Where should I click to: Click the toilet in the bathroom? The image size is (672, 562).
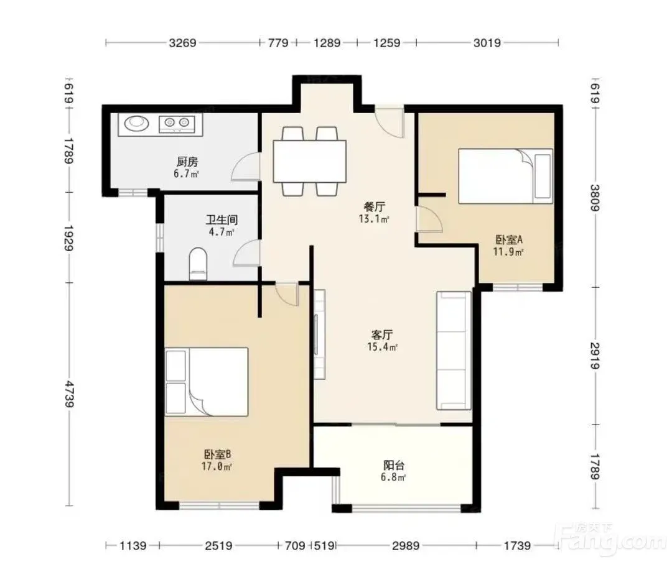[x=198, y=264]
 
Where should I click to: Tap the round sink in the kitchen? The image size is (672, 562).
[x=137, y=124]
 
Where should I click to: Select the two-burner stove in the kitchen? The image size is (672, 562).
[x=177, y=124]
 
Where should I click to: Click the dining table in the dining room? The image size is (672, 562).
[x=310, y=162]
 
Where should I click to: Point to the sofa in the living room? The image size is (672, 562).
[x=454, y=351]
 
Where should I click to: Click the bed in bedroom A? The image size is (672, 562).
[x=505, y=176]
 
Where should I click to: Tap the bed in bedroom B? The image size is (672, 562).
[x=207, y=382]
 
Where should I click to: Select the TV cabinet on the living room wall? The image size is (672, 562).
[x=319, y=334]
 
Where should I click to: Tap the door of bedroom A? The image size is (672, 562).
[x=429, y=219]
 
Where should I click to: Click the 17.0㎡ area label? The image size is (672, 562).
[x=217, y=466]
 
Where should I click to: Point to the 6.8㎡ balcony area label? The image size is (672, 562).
[x=393, y=477]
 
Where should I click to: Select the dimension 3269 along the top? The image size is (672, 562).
[x=182, y=43]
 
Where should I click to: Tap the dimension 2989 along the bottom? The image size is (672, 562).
[x=406, y=546]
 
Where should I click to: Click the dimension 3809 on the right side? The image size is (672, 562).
[x=595, y=198]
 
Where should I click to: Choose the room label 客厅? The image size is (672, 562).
[x=382, y=334]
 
